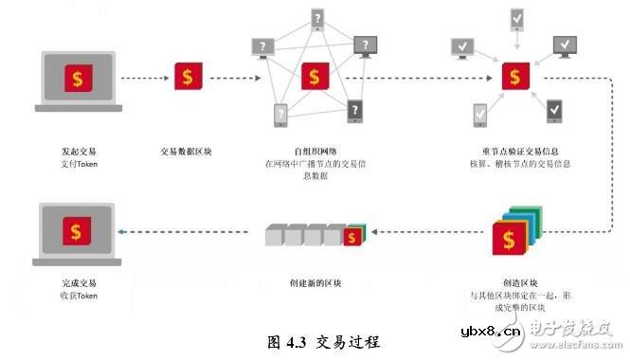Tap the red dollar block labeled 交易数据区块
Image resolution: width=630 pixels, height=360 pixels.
click(189, 75)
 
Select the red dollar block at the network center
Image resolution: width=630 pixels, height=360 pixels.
click(315, 75)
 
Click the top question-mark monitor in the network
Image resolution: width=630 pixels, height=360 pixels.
click(316, 19)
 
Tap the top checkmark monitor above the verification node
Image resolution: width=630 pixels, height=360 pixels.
click(516, 18)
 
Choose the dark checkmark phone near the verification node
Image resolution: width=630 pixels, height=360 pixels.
click(554, 111)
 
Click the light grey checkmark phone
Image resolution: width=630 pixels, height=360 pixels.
click(479, 114)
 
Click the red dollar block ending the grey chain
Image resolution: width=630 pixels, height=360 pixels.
click(354, 235)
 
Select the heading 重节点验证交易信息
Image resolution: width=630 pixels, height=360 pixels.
click(518, 151)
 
